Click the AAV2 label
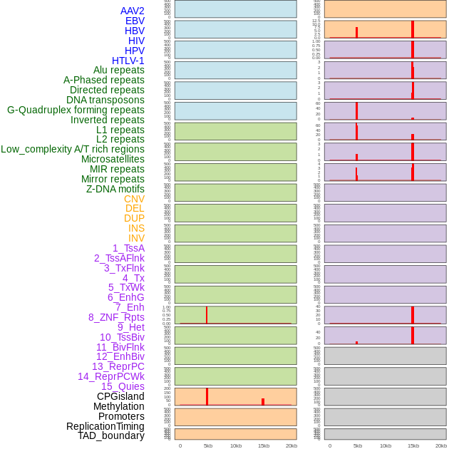pyautogui.click(x=133, y=11)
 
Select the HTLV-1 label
pyautogui.click(x=128, y=61)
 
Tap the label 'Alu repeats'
pyautogui.click(x=119, y=70)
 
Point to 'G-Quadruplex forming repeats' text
pyautogui.click(x=76, y=110)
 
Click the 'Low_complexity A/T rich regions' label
pyautogui.click(x=73, y=149)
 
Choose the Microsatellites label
pyautogui.click(x=113, y=159)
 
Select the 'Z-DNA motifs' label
pyautogui.click(x=115, y=189)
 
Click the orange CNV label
pyautogui.click(x=134, y=199)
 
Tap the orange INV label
pyautogui.click(x=136, y=238)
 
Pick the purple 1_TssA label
pyautogui.click(x=128, y=248)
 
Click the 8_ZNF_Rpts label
pyautogui.click(x=116, y=317)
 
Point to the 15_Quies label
pyautogui.click(x=123, y=386)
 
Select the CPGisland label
pyautogui.click(x=120, y=396)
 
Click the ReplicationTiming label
pyautogui.click(x=105, y=426)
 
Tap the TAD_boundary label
pyautogui.click(x=111, y=435)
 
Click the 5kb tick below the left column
pyautogui.click(x=207, y=445)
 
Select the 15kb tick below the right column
pyautogui.click(x=413, y=445)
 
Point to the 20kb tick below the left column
pyautogui.click(x=291, y=445)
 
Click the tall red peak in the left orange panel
pyautogui.click(x=207, y=396)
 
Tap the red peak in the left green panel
pyautogui.click(x=207, y=314)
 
